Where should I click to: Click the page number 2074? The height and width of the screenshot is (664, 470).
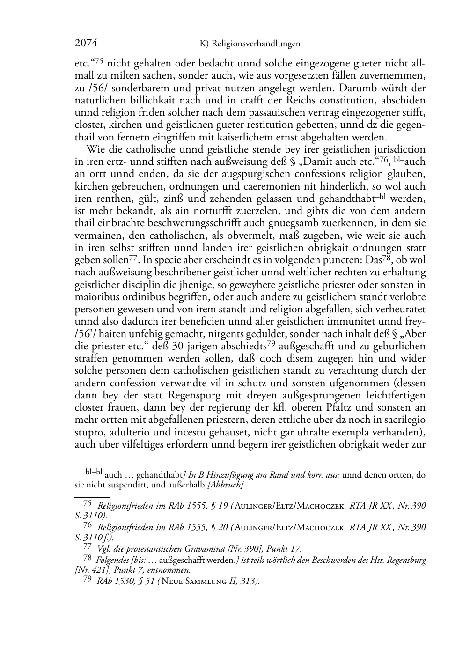(x=86, y=44)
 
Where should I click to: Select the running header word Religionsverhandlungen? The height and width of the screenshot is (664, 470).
(x=256, y=44)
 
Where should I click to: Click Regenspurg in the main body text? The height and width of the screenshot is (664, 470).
(x=196, y=395)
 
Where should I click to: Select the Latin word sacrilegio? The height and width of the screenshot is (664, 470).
(x=402, y=419)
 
